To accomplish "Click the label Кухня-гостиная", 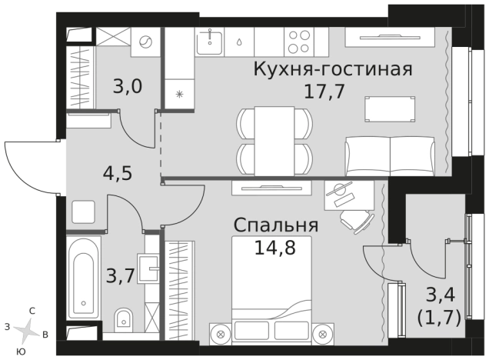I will (333, 69).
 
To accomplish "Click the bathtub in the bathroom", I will (82, 282).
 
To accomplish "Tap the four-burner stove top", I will (299, 41).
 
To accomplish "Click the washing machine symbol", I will (145, 42).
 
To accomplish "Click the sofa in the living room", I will (391, 155).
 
